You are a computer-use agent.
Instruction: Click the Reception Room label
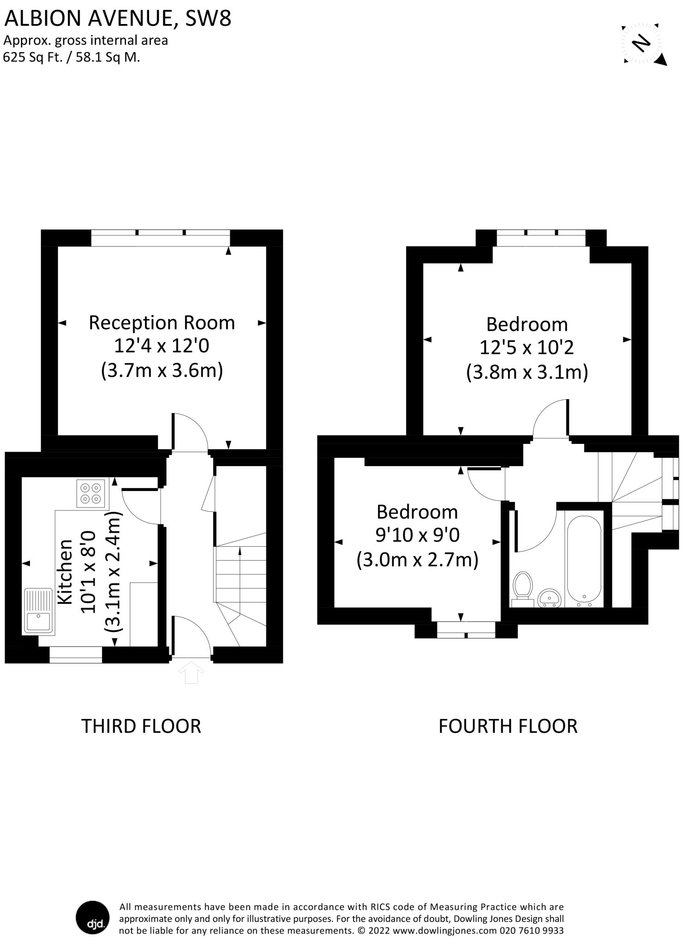(162, 323)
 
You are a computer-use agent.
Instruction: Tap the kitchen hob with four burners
(91, 494)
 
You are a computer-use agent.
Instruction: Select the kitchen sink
(39, 610)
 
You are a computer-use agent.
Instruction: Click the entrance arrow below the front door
(191, 672)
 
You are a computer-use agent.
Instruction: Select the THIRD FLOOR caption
(141, 726)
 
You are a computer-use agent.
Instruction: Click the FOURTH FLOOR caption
(508, 726)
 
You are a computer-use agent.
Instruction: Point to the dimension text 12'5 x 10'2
(527, 347)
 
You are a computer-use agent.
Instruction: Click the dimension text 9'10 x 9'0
(417, 535)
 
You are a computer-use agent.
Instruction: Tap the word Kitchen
(65, 571)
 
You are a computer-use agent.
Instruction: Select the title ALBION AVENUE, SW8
(117, 18)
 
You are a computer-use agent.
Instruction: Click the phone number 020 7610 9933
(531, 931)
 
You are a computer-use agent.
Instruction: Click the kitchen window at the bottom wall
(76, 655)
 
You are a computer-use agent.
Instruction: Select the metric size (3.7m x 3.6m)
(162, 371)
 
